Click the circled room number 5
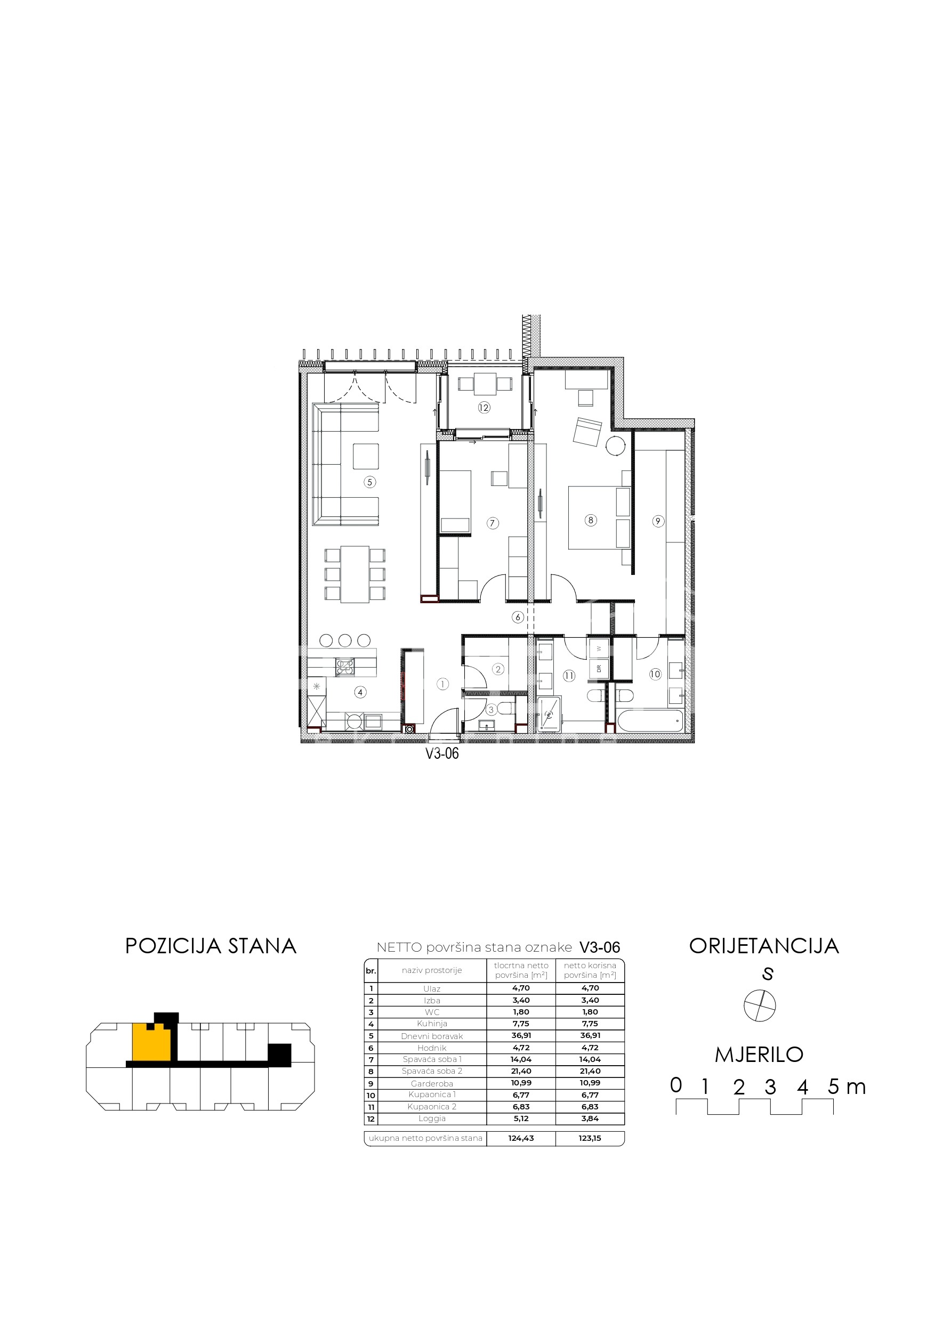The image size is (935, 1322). click(x=370, y=482)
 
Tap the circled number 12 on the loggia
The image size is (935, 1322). click(x=484, y=408)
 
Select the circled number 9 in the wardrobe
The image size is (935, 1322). click(x=658, y=521)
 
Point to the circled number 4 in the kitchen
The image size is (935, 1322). click(x=360, y=692)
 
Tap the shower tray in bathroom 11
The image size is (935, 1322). click(x=549, y=715)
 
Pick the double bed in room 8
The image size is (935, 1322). click(x=599, y=517)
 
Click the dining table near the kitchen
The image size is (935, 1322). click(x=354, y=574)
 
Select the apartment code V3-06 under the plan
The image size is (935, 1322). click(x=442, y=753)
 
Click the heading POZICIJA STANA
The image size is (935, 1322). click(x=211, y=946)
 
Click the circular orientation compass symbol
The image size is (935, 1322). click(x=759, y=1006)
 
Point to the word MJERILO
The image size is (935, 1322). click(x=759, y=1055)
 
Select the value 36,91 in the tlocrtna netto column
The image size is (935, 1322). click(x=521, y=1035)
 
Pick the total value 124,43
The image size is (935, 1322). click(x=521, y=1138)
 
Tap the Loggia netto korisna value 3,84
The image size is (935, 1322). click(x=590, y=1119)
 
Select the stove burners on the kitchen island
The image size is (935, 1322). click(x=345, y=667)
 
